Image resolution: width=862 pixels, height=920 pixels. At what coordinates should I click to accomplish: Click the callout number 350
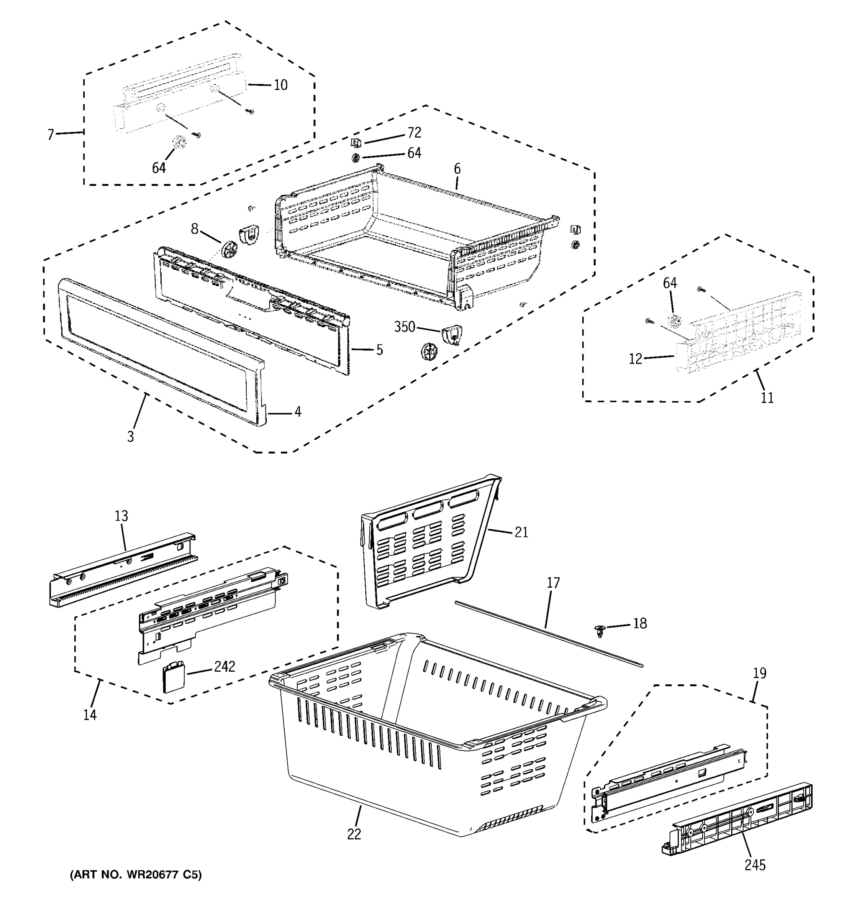click(404, 327)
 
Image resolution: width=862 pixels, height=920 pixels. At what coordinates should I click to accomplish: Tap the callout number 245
click(755, 865)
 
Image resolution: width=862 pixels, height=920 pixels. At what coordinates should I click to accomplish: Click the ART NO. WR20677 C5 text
click(136, 875)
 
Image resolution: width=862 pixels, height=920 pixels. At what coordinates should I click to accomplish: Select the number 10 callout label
click(280, 85)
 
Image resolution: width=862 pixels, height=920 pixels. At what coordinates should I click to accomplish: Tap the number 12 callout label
click(636, 359)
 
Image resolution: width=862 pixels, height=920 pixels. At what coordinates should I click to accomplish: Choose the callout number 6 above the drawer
click(457, 169)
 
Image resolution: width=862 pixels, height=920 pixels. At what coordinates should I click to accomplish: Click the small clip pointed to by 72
click(356, 143)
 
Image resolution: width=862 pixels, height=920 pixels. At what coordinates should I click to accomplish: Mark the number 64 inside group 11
click(670, 283)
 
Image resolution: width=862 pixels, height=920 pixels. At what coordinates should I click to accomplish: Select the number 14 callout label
click(90, 715)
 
